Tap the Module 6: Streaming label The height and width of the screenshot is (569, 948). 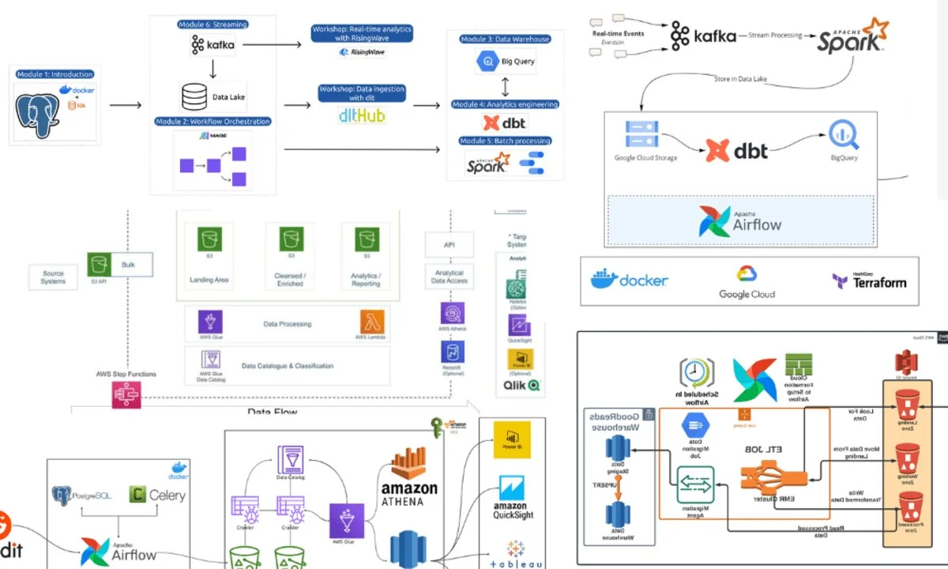[213, 25]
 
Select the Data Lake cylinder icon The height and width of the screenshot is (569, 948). [193, 96]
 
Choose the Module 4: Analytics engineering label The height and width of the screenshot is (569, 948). [505, 104]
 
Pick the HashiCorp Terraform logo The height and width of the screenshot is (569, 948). [868, 281]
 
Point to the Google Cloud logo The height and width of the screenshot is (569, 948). [747, 281]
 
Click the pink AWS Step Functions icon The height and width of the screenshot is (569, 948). [125, 394]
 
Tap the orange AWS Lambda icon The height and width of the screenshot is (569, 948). [373, 322]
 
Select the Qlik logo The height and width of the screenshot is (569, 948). [521, 386]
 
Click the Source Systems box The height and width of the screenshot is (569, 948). [53, 277]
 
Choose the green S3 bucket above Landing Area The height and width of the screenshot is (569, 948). [209, 239]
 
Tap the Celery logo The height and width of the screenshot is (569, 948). [157, 495]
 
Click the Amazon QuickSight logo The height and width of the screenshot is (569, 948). [513, 497]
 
